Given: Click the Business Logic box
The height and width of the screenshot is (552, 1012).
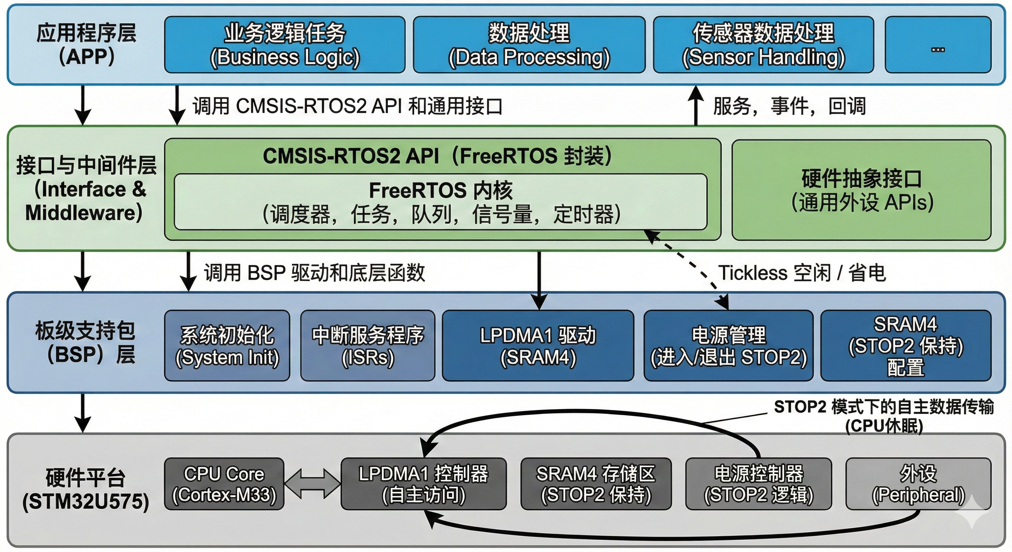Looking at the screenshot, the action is tap(284, 45).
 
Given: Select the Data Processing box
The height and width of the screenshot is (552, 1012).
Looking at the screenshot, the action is tap(529, 45).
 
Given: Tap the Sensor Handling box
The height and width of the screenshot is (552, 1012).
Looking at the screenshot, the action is tap(763, 45).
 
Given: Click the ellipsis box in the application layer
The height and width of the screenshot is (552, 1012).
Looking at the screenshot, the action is tap(938, 45).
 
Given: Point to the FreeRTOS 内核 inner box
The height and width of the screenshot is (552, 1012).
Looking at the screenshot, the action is tap(440, 202).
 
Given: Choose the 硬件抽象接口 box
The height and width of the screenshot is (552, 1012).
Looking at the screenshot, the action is tap(861, 190).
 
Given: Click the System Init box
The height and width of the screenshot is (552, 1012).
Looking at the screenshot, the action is tap(227, 345).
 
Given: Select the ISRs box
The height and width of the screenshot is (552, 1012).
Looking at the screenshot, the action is tap(368, 345).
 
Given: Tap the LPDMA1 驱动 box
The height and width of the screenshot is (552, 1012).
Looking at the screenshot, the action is tap(538, 345).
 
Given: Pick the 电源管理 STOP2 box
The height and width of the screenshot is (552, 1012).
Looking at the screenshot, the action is tap(728, 345).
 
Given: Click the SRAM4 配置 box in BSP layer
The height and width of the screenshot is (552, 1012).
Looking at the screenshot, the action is tap(906, 345).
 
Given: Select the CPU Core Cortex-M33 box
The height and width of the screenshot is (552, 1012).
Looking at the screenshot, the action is tap(224, 484).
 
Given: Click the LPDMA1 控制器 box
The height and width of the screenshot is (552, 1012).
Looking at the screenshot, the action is tap(423, 484).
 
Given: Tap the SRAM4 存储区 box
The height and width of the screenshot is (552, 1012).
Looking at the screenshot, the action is tap(596, 484).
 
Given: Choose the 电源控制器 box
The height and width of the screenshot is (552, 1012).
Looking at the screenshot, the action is tap(759, 484).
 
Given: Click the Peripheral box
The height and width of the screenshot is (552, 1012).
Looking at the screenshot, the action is tap(919, 484).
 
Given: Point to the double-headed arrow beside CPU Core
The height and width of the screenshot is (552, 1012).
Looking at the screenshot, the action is tap(312, 484).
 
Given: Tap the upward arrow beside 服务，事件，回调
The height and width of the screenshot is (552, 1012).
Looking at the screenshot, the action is tap(696, 105).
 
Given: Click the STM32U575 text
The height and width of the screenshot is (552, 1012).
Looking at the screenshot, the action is tap(86, 502).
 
